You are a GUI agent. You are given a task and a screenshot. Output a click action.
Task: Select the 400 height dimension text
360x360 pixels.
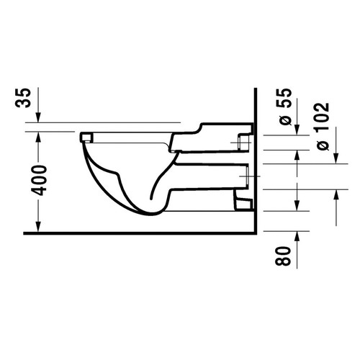point(41,179)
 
